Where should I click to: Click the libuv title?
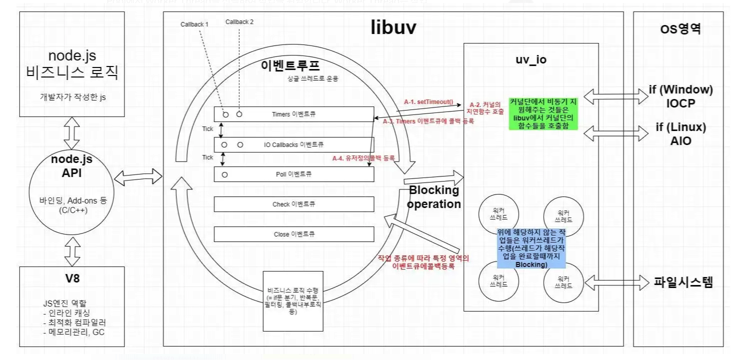(393, 28)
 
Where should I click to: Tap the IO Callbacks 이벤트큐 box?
(294, 144)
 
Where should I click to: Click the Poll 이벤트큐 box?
(294, 174)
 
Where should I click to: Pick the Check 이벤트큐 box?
(294, 204)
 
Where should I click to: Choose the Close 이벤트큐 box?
(294, 234)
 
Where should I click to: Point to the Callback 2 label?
(239, 21)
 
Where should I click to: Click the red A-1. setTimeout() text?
(428, 101)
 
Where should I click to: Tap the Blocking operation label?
(433, 197)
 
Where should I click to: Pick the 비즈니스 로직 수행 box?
(293, 300)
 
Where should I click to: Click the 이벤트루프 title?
(290, 66)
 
